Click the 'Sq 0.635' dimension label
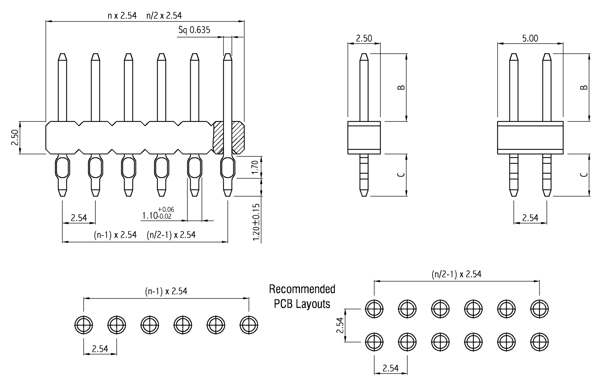[x=194, y=30]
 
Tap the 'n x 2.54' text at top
[x=122, y=16]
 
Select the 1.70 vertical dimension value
[x=255, y=167]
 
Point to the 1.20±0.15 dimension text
[x=257, y=222]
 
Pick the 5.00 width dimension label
[x=530, y=38]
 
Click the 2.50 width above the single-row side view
[x=364, y=38]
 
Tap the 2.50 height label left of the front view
[x=15, y=137]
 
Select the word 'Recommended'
[x=302, y=289]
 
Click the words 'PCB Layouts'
[x=302, y=304]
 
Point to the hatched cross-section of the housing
[x=238, y=137]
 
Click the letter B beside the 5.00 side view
[x=584, y=87]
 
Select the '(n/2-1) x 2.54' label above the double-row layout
[x=457, y=274]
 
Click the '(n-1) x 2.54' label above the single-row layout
[x=166, y=291]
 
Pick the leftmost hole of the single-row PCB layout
[x=83, y=325]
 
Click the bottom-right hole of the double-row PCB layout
[x=539, y=342]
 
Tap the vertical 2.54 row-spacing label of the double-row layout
[x=340, y=325]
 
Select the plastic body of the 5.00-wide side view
[x=530, y=137]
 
